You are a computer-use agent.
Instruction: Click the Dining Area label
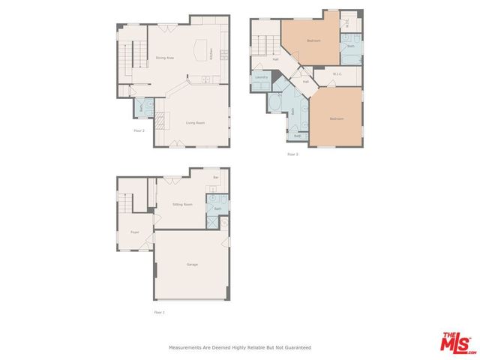click(165, 57)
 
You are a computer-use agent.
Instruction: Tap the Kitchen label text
click(211, 54)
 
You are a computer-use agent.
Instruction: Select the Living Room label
click(195, 122)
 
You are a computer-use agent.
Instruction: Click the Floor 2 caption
click(139, 130)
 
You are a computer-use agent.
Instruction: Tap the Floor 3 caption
click(292, 154)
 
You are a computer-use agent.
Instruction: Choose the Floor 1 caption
click(159, 311)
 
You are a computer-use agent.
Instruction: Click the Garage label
click(192, 265)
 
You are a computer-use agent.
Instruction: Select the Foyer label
click(135, 232)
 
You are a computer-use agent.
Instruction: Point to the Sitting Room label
click(182, 204)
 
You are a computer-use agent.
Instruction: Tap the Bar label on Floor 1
click(216, 177)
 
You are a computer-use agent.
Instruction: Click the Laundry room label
click(262, 77)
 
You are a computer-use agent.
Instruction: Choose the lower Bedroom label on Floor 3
click(337, 118)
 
